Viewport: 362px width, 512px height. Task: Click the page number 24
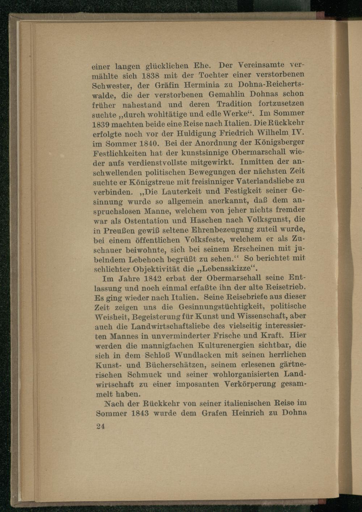click(101, 427)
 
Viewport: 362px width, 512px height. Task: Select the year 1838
click(150, 77)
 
